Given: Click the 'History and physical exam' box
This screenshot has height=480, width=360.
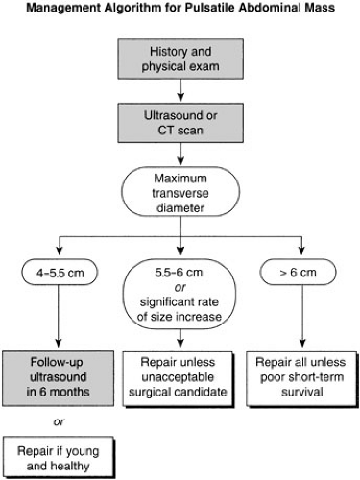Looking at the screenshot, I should (180, 58).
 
